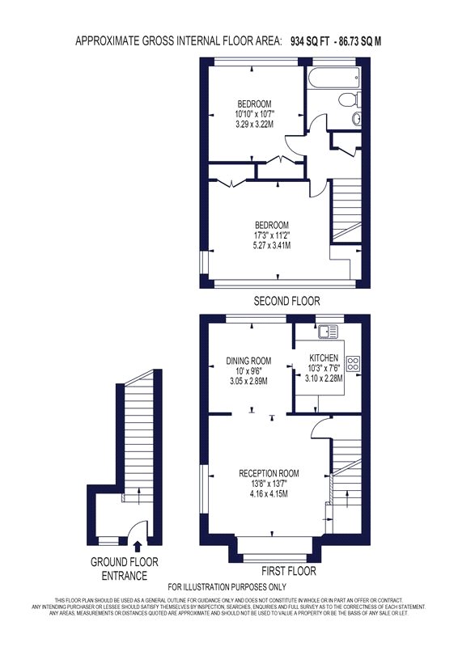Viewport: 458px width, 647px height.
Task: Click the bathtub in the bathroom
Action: [x=333, y=78]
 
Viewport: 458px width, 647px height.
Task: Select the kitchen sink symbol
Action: [x=328, y=331]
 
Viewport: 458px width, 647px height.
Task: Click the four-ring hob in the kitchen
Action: [x=354, y=363]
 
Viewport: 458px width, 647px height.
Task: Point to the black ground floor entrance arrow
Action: [x=138, y=547]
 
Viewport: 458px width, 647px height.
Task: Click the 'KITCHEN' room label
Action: [x=324, y=358]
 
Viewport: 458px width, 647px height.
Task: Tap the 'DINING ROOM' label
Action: [x=248, y=361]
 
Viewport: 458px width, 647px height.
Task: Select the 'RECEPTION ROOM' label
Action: [x=269, y=473]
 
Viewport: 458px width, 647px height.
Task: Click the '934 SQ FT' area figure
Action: [x=310, y=41]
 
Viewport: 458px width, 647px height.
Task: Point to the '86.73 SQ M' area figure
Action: [x=360, y=41]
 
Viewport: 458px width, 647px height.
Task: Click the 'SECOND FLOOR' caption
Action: [x=286, y=301]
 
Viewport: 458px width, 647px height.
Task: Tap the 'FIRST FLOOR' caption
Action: [x=289, y=571]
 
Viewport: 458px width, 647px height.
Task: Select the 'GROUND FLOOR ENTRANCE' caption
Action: [x=125, y=569]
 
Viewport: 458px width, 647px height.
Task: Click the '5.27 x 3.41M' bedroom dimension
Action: [x=272, y=246]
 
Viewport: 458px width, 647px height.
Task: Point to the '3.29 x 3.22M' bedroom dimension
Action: [x=254, y=124]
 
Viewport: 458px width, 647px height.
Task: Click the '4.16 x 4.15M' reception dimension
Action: [x=269, y=493]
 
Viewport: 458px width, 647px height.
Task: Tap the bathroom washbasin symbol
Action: [x=357, y=119]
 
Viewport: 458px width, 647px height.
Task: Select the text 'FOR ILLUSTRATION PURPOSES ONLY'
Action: [x=227, y=587]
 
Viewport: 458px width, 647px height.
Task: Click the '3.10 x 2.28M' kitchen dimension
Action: [x=324, y=378]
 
